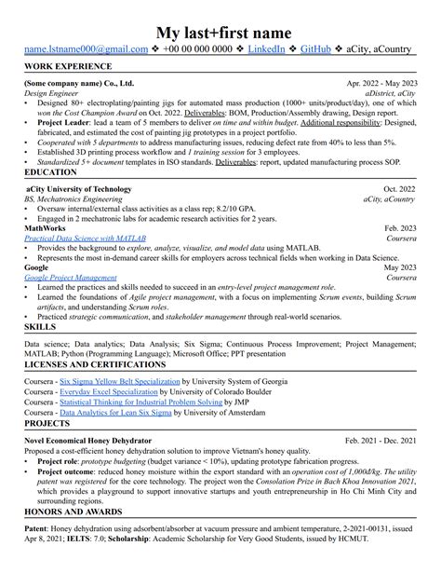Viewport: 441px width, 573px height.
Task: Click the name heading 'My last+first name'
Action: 220,31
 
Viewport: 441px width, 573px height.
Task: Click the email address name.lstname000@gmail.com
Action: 87,49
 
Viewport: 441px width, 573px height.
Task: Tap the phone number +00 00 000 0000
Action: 197,49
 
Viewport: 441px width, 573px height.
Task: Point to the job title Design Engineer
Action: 55,93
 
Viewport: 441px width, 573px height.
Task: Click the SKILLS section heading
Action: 39,329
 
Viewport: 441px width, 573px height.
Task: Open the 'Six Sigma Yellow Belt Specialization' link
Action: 119,382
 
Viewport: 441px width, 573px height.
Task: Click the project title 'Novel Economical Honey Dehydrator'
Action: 88,440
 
